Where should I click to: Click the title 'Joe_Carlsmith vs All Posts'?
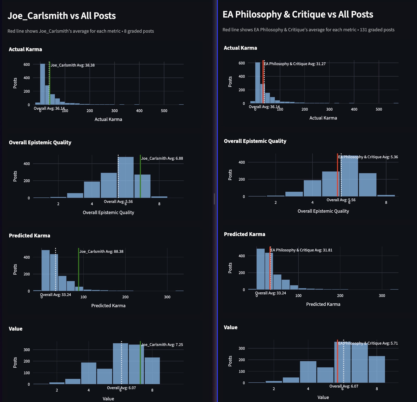pyautogui.click(x=62, y=16)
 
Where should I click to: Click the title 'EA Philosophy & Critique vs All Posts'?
pyautogui.click(x=298, y=15)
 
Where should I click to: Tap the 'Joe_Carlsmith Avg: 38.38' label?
pyautogui.click(x=73, y=65)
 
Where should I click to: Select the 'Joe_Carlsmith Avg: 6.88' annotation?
pyautogui.click(x=162, y=158)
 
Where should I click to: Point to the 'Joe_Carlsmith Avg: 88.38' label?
pyautogui.click(x=101, y=252)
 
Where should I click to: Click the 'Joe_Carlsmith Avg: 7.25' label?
pyautogui.click(x=162, y=344)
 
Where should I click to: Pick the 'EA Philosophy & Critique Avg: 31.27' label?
pyautogui.click(x=295, y=64)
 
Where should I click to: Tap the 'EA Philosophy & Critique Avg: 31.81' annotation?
pyautogui.click(x=301, y=250)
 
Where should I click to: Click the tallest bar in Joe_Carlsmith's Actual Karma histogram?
pyautogui.click(x=42, y=83)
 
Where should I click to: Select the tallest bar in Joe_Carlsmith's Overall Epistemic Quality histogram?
pyautogui.click(x=126, y=177)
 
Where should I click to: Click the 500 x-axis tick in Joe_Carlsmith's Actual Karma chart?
pyautogui.click(x=164, y=111)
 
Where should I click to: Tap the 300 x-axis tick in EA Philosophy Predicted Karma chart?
pyautogui.click(x=382, y=296)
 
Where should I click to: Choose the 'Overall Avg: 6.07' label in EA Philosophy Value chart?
pyautogui.click(x=344, y=386)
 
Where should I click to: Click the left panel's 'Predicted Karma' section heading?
pyautogui.click(x=29, y=236)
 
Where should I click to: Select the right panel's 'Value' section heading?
pyautogui.click(x=231, y=328)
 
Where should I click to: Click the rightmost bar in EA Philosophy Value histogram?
pyautogui.click(x=377, y=369)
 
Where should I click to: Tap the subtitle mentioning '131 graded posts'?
pyautogui.click(x=308, y=30)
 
